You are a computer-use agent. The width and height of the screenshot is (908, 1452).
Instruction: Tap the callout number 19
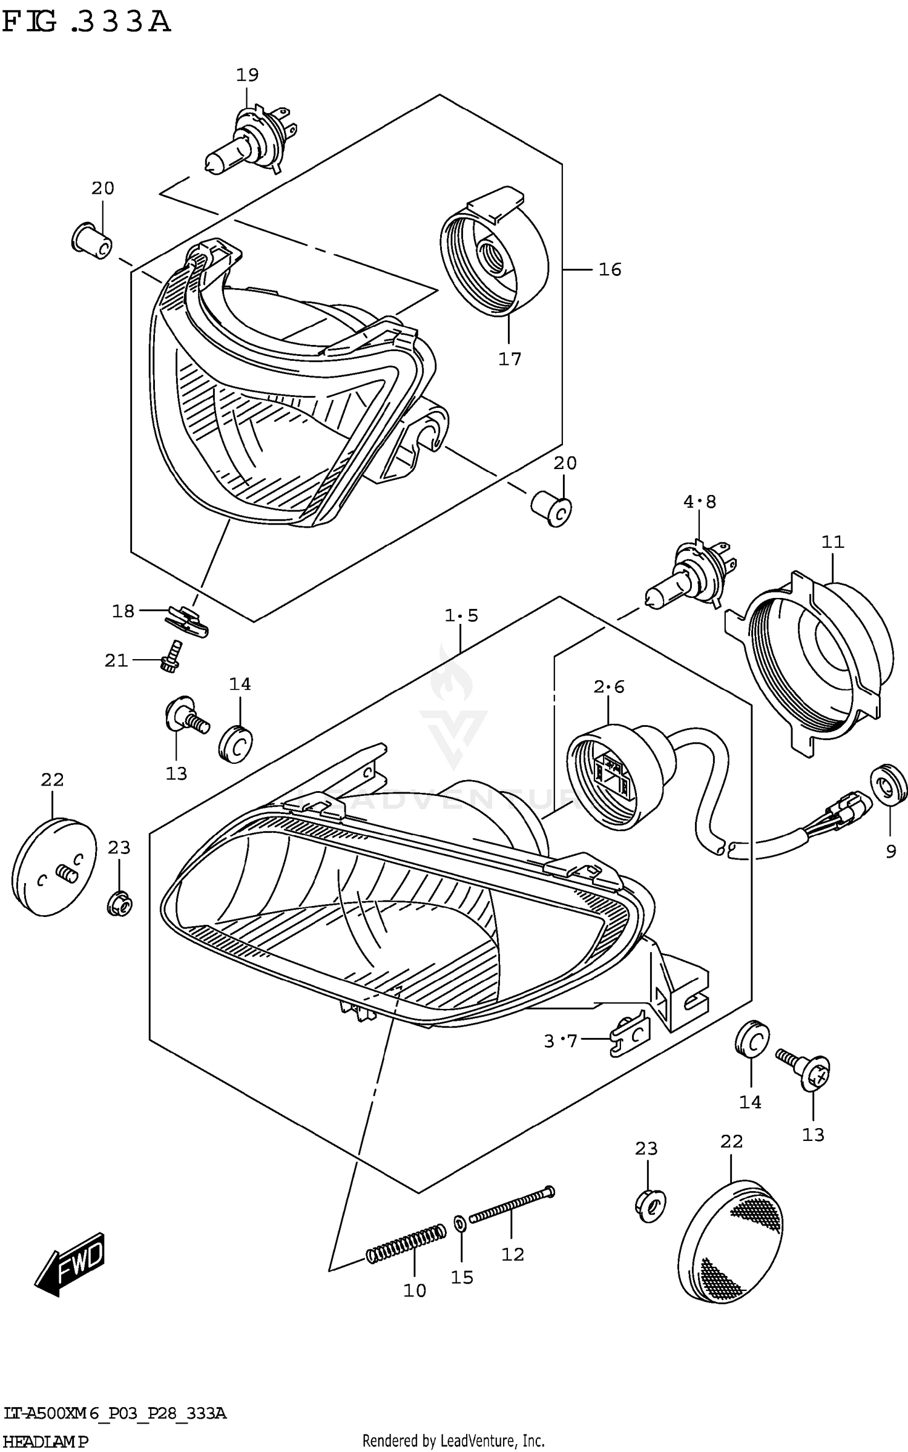(x=247, y=75)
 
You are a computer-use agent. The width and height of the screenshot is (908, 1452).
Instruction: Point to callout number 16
(x=610, y=269)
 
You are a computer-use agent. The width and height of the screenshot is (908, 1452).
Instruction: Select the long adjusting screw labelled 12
(x=512, y=1205)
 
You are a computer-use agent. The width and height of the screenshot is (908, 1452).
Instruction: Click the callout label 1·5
(x=461, y=616)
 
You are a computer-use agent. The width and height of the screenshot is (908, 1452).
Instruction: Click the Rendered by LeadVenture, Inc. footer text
(x=453, y=1441)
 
